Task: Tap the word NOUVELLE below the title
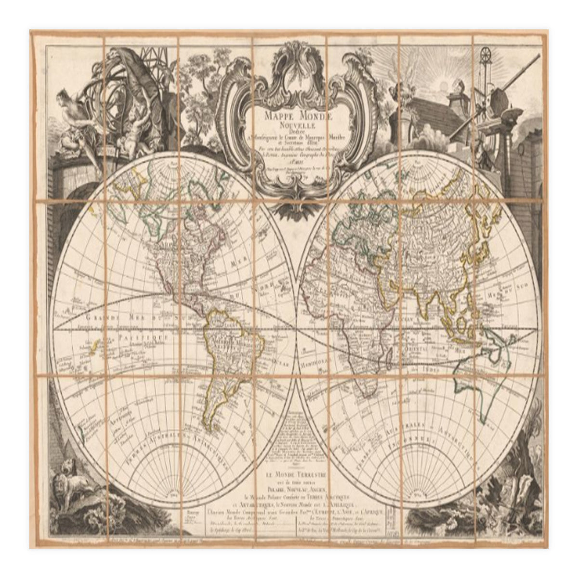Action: pos(291,125)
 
